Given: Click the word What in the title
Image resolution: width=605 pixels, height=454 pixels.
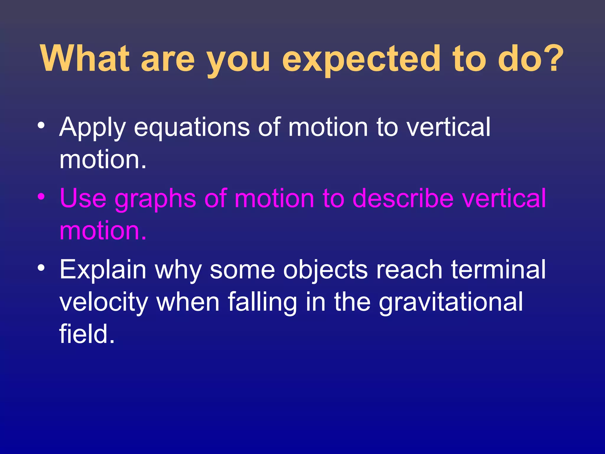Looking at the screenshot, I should click(x=85, y=58).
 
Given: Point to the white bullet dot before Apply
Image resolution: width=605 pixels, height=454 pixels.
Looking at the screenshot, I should click(x=41, y=125).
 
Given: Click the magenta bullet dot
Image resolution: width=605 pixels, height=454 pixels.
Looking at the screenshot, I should click(x=41, y=197).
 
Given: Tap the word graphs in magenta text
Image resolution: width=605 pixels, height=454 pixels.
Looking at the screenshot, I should click(x=155, y=199).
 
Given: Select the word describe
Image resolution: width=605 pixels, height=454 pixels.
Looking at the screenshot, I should click(x=403, y=198).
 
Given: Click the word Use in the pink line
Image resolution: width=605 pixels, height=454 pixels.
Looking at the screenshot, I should click(x=83, y=198).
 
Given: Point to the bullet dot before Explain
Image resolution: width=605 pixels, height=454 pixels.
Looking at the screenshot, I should click(x=41, y=268).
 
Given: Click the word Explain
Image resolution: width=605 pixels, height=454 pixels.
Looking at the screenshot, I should click(x=103, y=270).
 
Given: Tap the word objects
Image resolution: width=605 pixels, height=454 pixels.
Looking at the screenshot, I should click(x=325, y=270).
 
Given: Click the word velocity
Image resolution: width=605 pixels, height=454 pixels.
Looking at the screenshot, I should click(x=103, y=302).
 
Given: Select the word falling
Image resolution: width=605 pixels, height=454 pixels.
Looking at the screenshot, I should click(x=262, y=302).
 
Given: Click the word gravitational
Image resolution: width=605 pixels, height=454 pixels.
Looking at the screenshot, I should click(x=451, y=302).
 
